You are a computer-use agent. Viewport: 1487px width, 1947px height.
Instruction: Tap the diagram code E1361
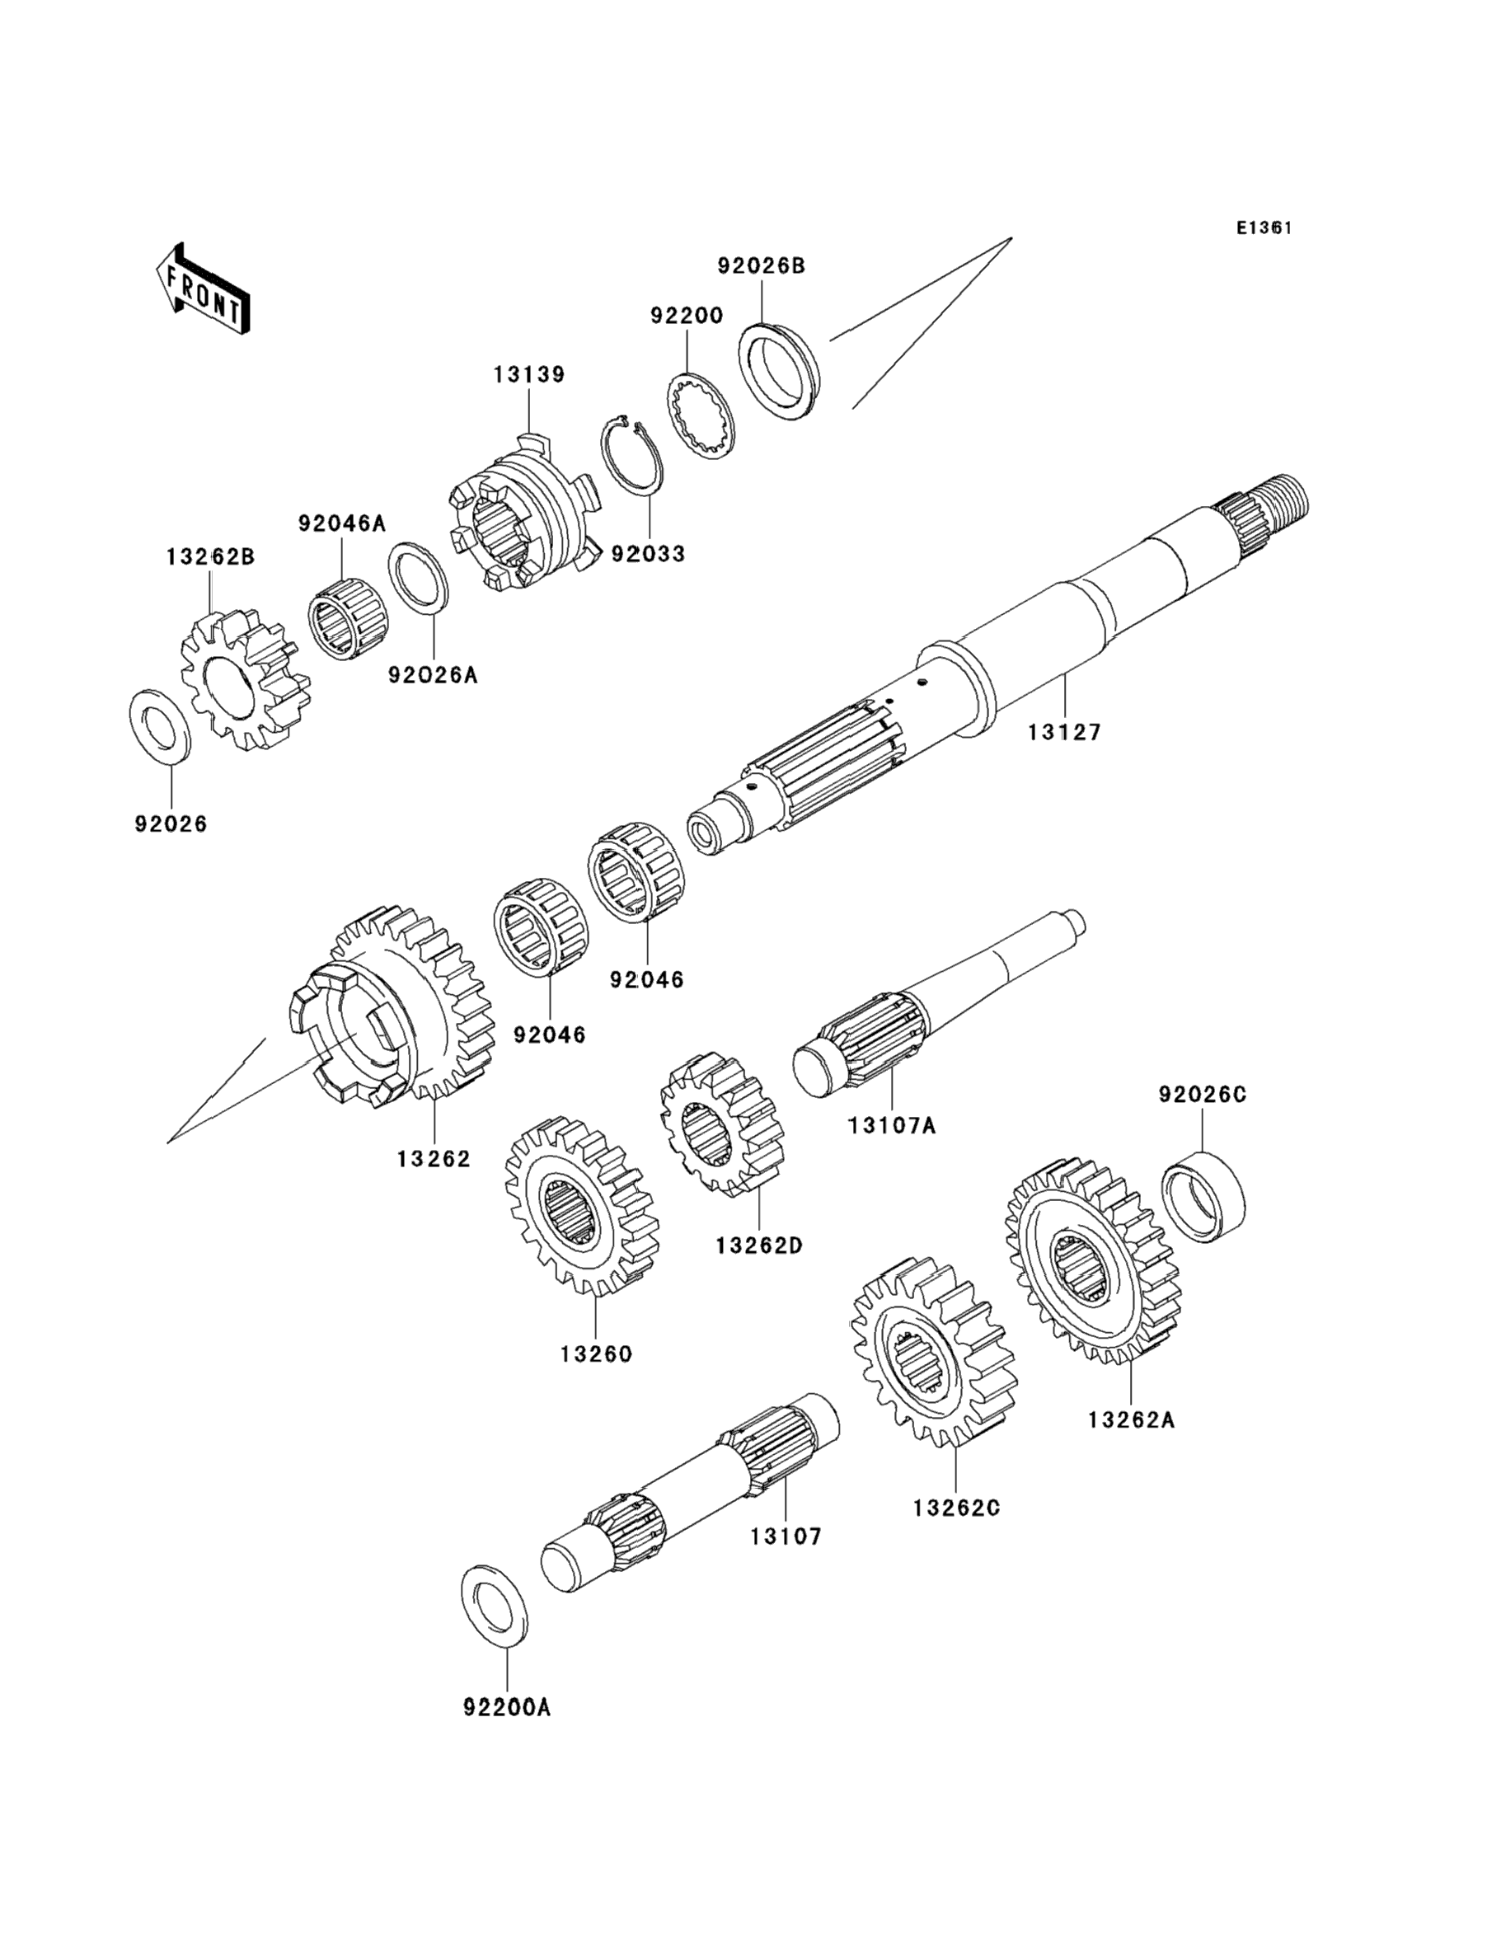(1264, 228)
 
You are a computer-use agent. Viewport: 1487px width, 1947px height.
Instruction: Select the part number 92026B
(761, 265)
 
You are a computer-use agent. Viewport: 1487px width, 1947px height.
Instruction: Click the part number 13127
(1064, 733)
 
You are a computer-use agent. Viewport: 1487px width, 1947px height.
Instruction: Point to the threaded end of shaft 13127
(1279, 500)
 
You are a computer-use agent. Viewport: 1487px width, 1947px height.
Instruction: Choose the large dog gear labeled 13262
(392, 1007)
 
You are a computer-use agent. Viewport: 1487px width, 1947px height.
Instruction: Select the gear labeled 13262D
(722, 1126)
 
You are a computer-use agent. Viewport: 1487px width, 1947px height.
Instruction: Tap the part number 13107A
(891, 1126)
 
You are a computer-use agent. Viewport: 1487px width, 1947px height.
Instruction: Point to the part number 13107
(787, 1536)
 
